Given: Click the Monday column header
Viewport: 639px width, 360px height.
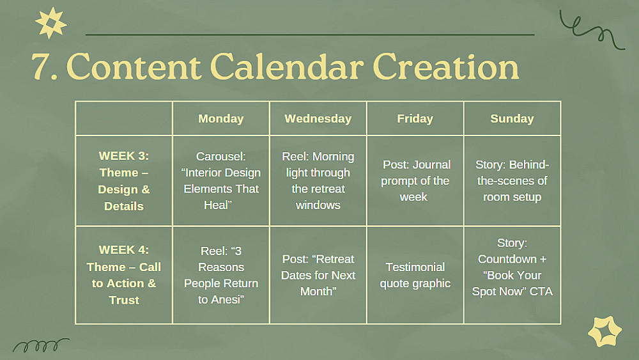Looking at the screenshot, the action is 221,119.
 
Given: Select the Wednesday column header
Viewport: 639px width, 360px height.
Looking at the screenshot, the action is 318,119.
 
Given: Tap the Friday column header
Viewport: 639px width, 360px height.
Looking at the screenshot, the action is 415,119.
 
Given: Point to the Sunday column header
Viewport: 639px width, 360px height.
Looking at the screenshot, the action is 512,119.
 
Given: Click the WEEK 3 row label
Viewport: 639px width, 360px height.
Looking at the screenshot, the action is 124,180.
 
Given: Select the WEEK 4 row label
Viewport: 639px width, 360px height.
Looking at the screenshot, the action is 124,275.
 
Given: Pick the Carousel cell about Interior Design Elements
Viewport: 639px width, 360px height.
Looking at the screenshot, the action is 221,180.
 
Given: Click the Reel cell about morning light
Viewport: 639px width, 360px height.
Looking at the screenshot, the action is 318,180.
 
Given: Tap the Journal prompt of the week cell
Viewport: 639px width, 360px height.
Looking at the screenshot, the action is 415,180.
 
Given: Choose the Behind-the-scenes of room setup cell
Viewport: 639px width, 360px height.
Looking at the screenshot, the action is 512,180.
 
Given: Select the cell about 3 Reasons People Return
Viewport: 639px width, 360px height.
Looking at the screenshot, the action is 221,275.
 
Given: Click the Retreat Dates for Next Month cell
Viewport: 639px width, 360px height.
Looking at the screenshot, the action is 318,275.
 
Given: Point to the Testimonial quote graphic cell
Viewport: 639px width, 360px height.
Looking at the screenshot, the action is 415,275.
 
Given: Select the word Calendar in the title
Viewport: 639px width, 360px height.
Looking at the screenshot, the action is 286,66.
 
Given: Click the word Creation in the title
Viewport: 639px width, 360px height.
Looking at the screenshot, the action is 446,66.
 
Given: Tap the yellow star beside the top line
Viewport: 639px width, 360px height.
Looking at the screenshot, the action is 50,23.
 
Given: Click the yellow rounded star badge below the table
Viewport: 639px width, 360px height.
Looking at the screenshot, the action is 604,332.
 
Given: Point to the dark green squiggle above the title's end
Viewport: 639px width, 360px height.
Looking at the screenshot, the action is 592,30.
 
